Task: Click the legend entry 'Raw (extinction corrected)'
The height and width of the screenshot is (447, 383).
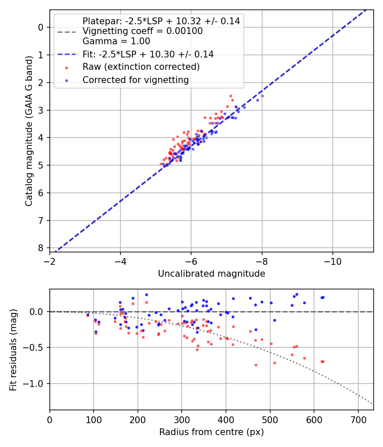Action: click(x=141, y=67)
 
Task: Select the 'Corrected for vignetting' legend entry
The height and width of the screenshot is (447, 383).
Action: click(x=136, y=80)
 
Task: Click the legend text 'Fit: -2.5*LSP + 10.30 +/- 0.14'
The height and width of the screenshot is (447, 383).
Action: click(x=148, y=54)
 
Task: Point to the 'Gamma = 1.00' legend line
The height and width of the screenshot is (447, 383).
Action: click(x=116, y=41)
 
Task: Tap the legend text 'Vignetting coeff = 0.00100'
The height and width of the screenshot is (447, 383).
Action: click(x=142, y=31)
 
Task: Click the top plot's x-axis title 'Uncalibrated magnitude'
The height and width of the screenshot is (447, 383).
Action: click(x=212, y=274)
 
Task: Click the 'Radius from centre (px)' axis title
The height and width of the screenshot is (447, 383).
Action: click(x=212, y=432)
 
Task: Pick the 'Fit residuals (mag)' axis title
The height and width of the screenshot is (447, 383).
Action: click(x=13, y=350)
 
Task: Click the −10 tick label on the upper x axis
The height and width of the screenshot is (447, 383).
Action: click(x=332, y=261)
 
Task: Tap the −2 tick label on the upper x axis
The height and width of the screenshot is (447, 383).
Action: click(x=50, y=261)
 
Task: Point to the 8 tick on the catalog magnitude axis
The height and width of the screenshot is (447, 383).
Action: click(x=41, y=248)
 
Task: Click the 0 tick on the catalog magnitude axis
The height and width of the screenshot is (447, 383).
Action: click(x=41, y=27)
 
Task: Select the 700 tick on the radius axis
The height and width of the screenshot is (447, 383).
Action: click(x=358, y=419)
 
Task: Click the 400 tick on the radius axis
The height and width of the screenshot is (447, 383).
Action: click(x=226, y=419)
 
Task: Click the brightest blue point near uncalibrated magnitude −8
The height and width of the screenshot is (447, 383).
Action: click(x=262, y=96)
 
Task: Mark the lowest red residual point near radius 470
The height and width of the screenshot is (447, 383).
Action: click(x=256, y=365)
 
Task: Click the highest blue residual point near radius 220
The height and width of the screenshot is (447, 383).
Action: click(x=146, y=295)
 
